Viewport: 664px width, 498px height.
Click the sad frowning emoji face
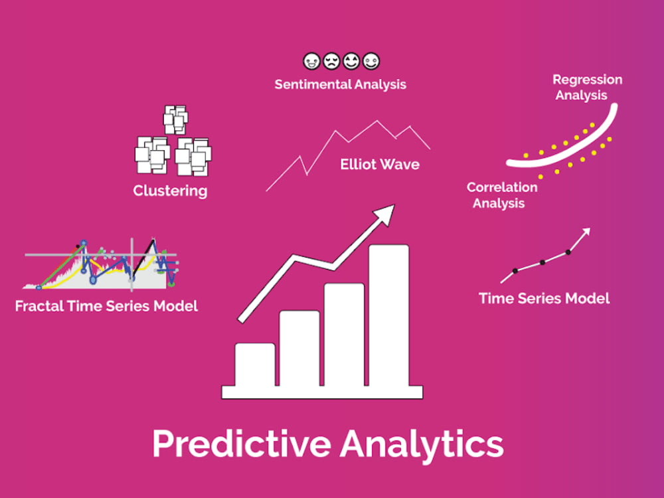click(x=331, y=62)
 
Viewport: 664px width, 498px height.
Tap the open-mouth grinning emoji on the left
click(x=311, y=62)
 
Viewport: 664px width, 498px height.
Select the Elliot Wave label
click(x=380, y=164)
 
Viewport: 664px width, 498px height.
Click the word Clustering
click(x=170, y=191)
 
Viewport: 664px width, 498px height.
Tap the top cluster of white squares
click(x=175, y=120)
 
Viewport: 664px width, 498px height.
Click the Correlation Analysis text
click(x=501, y=195)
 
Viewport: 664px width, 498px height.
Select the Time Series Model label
click(x=544, y=298)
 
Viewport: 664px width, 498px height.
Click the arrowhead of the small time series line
click(x=586, y=231)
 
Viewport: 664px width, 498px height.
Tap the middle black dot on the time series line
click(x=542, y=262)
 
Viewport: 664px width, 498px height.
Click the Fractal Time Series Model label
click(x=106, y=306)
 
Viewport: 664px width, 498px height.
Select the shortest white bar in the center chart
click(x=255, y=365)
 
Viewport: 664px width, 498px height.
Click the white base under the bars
click(x=322, y=392)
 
